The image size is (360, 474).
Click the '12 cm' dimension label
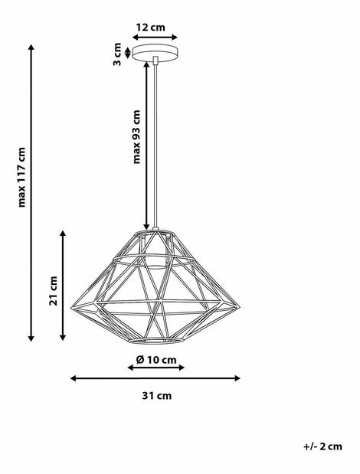tap(151, 28)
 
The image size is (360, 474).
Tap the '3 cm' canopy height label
tap(117, 54)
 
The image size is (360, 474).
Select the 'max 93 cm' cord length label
tap(137, 136)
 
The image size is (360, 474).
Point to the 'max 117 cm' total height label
tap(21, 177)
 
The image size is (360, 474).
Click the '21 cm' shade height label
tap(53, 290)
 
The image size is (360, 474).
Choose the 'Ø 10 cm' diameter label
tap(156, 360)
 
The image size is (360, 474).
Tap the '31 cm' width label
tap(156, 396)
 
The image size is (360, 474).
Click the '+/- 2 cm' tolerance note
tap(322, 446)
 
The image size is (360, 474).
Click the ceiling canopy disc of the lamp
tap(155, 53)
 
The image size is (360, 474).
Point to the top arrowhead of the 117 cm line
tap(31, 47)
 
